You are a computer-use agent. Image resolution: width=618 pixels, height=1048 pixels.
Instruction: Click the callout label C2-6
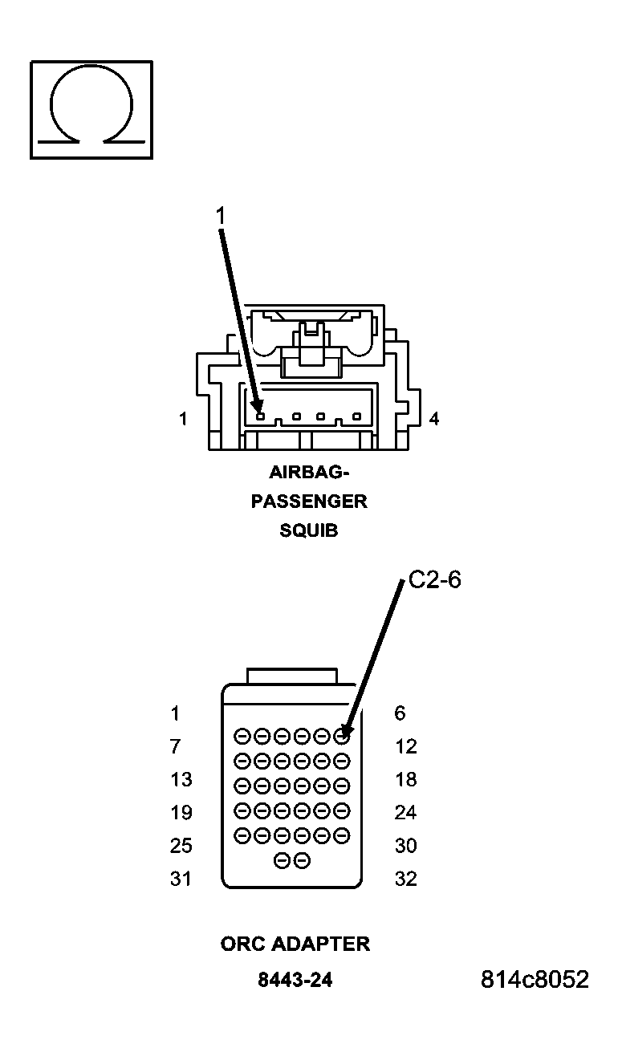point(435,580)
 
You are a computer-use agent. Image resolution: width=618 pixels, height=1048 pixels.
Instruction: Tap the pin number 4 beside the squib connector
point(434,419)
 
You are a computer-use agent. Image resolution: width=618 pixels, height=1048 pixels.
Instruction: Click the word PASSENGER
point(309,502)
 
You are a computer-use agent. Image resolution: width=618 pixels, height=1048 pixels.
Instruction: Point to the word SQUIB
point(309,530)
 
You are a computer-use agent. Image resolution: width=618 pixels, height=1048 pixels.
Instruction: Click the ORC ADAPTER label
point(295,944)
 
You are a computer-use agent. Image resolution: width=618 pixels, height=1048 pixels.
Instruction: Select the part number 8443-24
point(295,981)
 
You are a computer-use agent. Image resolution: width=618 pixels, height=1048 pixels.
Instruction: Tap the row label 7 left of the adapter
point(175,746)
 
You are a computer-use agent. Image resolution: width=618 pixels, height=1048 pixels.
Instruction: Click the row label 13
point(181,779)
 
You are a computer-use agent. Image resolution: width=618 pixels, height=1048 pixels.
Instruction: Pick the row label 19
point(181,812)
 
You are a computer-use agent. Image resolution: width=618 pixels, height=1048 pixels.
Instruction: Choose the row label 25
point(181,845)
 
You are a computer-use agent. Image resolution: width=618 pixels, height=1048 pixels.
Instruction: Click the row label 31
point(181,879)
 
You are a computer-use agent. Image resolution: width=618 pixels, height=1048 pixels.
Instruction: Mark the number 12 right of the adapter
point(406,746)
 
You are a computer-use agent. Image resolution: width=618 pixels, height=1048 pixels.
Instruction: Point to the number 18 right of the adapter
point(406,779)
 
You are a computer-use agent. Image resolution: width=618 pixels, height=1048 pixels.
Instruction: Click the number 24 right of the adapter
point(406,812)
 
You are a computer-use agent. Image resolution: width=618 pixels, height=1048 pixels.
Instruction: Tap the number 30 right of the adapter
point(406,845)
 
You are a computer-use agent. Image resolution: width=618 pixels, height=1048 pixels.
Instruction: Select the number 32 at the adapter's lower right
point(406,879)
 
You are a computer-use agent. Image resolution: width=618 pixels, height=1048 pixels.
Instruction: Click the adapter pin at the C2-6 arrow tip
point(343,734)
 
